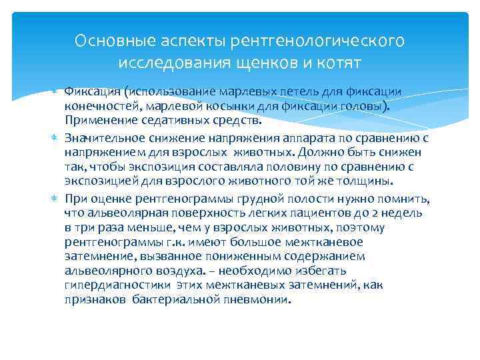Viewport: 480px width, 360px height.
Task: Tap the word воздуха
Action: [x=177, y=271]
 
